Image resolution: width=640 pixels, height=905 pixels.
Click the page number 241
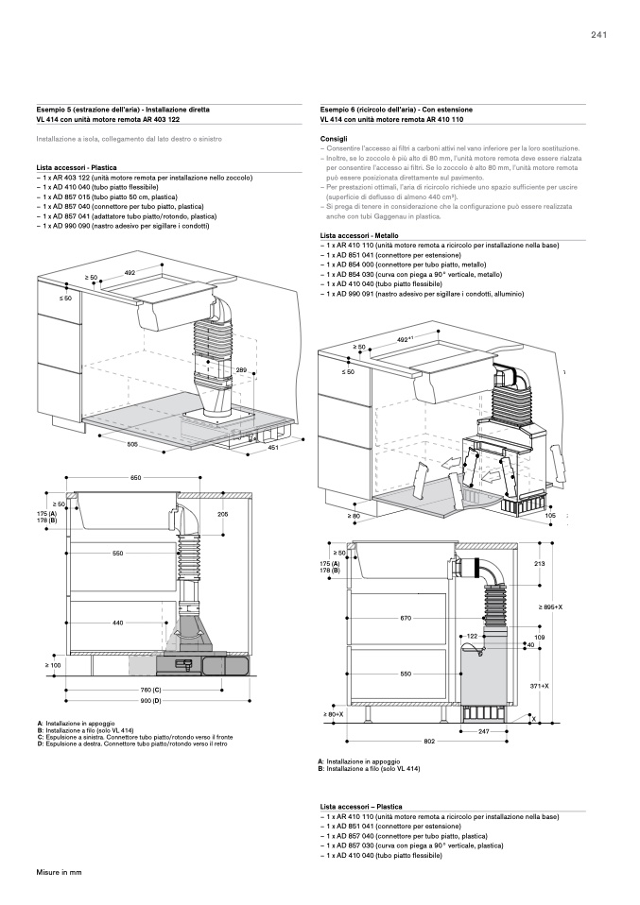point(597,35)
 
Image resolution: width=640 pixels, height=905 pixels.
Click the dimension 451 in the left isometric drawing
point(272,448)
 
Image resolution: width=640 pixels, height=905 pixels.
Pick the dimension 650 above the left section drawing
point(136,479)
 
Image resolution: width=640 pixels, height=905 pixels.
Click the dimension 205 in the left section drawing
point(223,514)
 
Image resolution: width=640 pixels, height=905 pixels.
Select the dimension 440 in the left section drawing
point(118,623)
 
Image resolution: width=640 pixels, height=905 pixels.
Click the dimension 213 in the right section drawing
point(539,564)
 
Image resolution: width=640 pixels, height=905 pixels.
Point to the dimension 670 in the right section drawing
point(406,618)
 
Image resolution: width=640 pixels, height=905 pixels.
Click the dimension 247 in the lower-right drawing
point(483,732)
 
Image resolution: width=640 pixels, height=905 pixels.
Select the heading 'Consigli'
point(335,139)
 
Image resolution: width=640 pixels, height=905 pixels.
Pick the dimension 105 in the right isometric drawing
point(550,516)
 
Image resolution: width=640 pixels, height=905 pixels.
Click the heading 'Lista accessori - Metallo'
point(359,234)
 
